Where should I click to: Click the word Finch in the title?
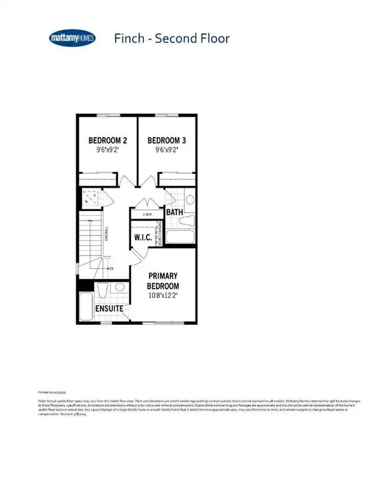point(130,39)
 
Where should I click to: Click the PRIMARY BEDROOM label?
point(162,281)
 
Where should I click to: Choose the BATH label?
point(174,212)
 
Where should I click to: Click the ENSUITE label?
point(109,309)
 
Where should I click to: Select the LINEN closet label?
point(148,214)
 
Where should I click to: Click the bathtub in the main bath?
point(179,237)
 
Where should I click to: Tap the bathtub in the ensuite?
point(86,307)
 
